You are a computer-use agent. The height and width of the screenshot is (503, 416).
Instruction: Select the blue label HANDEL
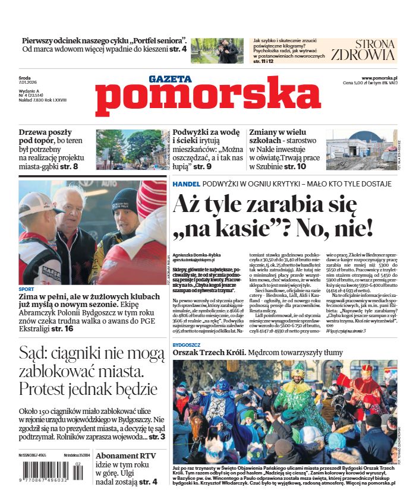[x=187, y=184]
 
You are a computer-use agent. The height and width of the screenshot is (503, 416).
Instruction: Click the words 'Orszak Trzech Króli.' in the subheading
[x=209, y=353]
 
